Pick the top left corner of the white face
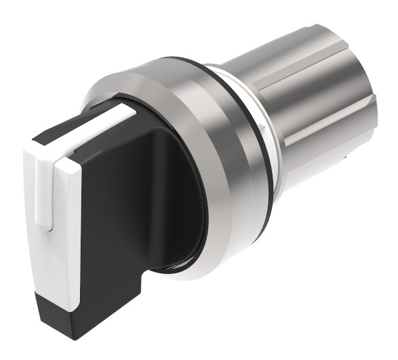point(26,148)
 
